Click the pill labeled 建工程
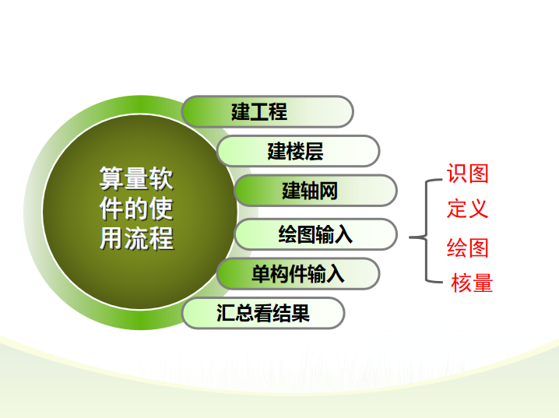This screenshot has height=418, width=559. (x=267, y=111)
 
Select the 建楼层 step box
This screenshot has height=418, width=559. (x=298, y=151)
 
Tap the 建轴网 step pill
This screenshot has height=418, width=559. (x=315, y=191)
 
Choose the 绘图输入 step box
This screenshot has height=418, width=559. (x=315, y=234)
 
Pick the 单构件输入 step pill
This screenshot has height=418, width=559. (x=298, y=274)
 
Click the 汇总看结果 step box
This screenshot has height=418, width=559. (x=263, y=313)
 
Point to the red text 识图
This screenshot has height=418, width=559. (x=467, y=174)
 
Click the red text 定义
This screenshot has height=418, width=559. (x=467, y=209)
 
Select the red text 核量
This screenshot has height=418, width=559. (x=472, y=283)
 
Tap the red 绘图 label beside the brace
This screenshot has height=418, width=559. (x=467, y=248)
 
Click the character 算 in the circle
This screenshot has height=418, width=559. (x=111, y=178)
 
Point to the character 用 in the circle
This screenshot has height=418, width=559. (x=111, y=238)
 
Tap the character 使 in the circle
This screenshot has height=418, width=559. (x=161, y=209)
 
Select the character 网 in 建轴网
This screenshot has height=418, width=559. (x=329, y=191)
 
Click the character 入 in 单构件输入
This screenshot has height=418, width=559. (x=335, y=274)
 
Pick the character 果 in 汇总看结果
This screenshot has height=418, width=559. (x=301, y=313)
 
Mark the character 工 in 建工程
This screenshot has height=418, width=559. (x=259, y=111)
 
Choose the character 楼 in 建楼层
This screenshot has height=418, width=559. (x=296, y=151)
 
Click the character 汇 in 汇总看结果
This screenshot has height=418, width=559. (x=226, y=313)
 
